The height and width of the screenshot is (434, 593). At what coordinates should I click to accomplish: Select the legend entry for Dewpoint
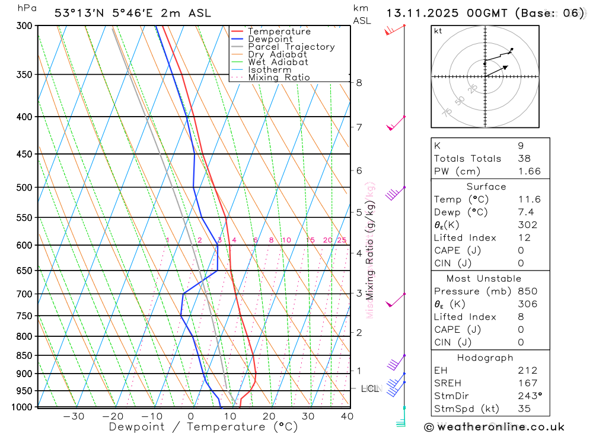tap(270, 39)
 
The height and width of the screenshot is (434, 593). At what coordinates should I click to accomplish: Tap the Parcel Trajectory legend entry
tap(291, 47)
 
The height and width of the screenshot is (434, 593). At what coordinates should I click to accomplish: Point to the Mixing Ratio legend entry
tap(279, 78)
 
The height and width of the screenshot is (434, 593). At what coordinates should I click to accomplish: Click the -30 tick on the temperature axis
tap(74, 416)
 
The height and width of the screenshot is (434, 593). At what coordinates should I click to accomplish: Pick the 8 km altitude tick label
tap(359, 82)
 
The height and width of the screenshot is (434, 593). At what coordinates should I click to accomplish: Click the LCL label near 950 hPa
tap(369, 388)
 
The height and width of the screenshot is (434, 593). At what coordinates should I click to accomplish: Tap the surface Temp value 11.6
tap(529, 200)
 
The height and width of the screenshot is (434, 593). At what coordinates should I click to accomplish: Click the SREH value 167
tap(527, 383)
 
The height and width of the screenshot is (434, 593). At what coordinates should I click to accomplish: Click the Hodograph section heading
tap(486, 358)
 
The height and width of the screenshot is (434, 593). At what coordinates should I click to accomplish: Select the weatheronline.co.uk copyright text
tap(495, 426)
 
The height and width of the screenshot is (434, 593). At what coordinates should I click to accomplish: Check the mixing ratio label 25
tap(342, 240)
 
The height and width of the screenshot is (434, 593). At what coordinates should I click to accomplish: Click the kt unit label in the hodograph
tap(438, 31)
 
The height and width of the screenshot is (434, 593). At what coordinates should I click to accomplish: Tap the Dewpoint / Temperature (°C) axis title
tap(203, 426)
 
